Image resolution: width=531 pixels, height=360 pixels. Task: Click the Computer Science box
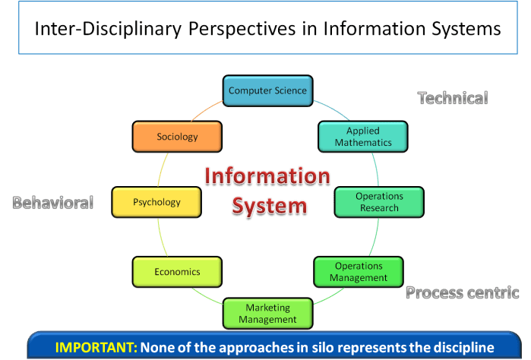[x=267, y=90]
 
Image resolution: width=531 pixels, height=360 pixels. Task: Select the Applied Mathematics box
[x=363, y=137]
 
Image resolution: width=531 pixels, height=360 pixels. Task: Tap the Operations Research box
[x=379, y=202]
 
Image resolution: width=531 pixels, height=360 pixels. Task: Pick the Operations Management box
[x=359, y=272]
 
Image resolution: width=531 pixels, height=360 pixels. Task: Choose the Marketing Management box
[x=267, y=314]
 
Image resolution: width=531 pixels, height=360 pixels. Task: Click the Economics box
[x=177, y=272]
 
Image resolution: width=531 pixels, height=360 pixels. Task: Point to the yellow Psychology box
[x=156, y=202]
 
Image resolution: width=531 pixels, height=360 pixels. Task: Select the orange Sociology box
[x=177, y=137]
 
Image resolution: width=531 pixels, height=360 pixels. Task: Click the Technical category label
[x=453, y=98]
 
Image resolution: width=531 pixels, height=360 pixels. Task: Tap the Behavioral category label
[x=52, y=203]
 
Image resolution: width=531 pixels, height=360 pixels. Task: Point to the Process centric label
[x=462, y=292]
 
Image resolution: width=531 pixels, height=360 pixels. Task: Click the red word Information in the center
[x=267, y=177]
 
